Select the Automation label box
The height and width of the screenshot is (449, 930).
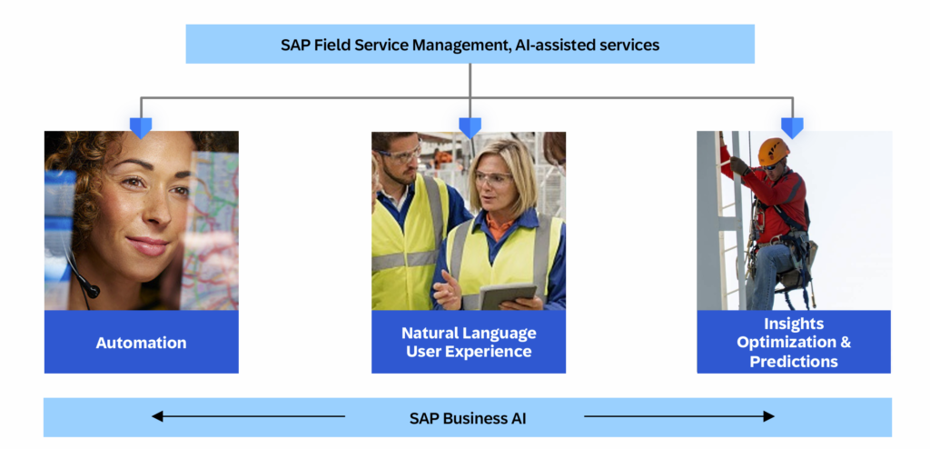(141, 343)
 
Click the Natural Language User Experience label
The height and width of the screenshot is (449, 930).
(469, 342)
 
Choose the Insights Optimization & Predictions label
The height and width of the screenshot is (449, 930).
(794, 342)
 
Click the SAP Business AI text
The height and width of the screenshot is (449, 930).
(468, 418)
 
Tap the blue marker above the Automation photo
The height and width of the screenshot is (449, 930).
(141, 127)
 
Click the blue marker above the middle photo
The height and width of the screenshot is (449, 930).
(470, 127)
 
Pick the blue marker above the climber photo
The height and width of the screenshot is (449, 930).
(793, 127)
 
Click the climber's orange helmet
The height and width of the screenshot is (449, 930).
(773, 149)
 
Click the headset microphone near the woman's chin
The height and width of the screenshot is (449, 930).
(90, 290)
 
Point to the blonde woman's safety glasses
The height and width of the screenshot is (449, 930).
(492, 179)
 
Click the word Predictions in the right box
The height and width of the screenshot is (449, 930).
(794, 361)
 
